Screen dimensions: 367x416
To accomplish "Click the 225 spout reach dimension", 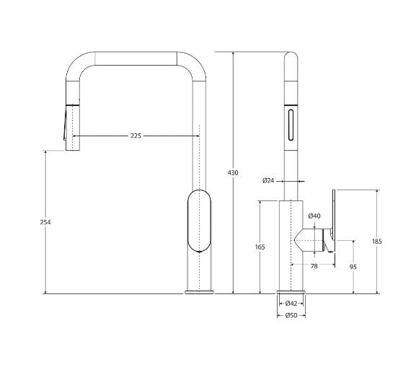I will pos(135,136).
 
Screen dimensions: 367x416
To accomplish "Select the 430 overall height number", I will pos(233,173).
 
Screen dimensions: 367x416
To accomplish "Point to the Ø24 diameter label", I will pos(267,180).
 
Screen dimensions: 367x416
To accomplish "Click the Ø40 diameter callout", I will pos(314,216).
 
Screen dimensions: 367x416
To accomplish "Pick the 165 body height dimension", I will pos(260,247).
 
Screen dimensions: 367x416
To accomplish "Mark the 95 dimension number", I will pos(353,267).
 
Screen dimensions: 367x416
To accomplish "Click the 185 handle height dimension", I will pos(377,242).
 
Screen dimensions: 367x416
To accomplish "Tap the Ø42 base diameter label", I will pos(291,304).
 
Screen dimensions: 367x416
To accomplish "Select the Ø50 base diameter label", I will pos(291,315).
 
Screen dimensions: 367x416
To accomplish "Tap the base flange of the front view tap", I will pos(199,291).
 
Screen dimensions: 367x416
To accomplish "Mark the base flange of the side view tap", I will pos(291,291).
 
